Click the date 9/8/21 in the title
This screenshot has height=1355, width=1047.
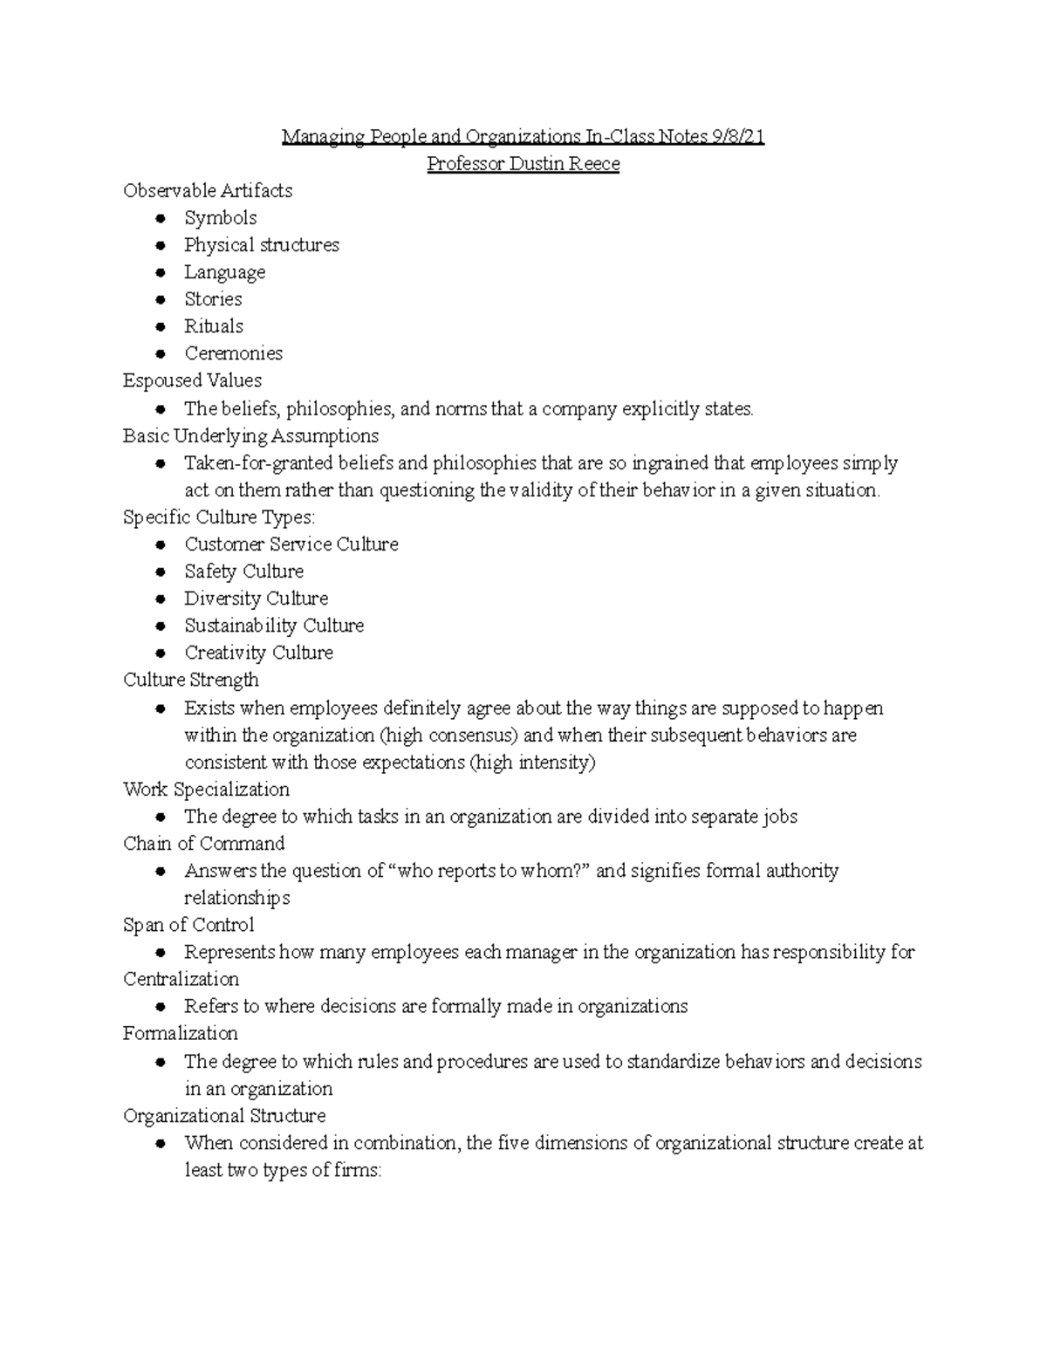(738, 137)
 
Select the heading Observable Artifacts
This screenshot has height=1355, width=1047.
(208, 191)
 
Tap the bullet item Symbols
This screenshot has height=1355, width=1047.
(220, 218)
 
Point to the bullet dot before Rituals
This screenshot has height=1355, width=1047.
(160, 326)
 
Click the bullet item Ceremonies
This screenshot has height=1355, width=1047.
(233, 353)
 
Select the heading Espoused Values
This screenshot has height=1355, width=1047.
(192, 380)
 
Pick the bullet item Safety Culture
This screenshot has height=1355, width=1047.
(243, 571)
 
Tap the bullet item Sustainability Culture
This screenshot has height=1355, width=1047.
(273, 626)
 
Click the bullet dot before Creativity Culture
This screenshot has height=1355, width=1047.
(160, 653)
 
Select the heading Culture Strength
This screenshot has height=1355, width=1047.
(190, 680)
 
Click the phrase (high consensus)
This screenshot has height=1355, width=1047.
(450, 736)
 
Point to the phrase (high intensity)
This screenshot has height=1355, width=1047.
(532, 763)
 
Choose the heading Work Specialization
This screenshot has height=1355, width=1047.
(206, 790)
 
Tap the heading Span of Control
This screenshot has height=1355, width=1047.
(188, 925)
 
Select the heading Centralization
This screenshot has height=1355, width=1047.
(181, 979)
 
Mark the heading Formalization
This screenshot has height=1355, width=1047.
(180, 1033)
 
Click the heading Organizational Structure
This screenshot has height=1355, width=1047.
(224, 1116)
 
